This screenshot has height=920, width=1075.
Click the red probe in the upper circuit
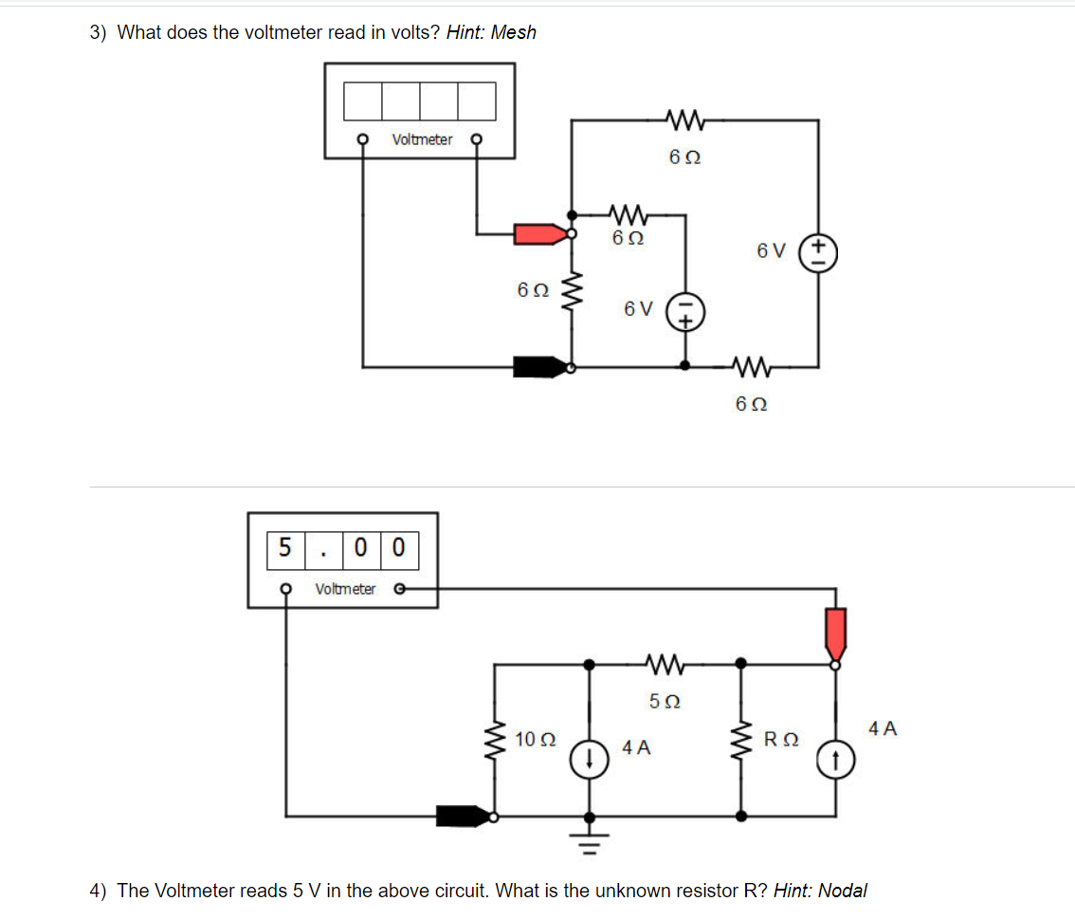538,233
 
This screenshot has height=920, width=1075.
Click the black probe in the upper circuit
538,366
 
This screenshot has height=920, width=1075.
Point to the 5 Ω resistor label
665,702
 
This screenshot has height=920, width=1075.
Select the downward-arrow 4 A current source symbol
589,758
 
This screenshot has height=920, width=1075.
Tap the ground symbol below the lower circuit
589,837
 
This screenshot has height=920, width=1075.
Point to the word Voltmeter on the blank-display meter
422,139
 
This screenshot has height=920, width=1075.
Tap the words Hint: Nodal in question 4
820,890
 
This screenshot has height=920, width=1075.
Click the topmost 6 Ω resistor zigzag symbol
683,120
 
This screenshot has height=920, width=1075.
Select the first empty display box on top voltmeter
362,99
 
